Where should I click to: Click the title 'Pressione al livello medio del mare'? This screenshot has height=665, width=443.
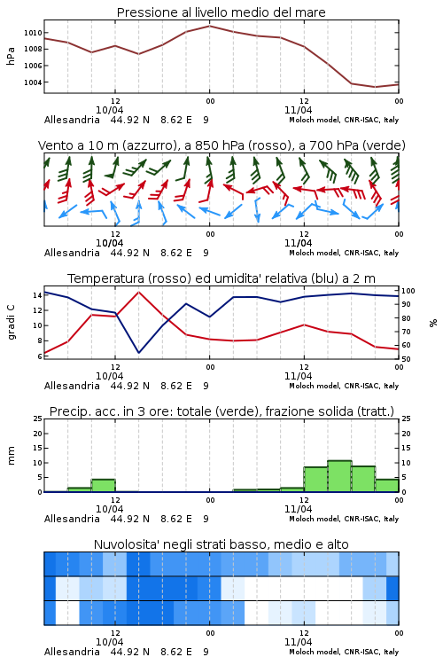[221, 12]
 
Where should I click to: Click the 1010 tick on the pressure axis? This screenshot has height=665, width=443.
[33, 33]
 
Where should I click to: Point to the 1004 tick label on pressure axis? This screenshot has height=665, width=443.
[33, 82]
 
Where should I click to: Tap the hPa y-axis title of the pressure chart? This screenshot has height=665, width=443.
[11, 56]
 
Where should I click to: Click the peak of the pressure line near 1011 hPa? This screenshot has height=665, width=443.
[209, 26]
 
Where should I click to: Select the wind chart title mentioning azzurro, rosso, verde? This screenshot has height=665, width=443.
[221, 145]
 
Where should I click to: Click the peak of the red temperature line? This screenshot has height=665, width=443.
[138, 292]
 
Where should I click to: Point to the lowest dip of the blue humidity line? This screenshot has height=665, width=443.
[138, 352]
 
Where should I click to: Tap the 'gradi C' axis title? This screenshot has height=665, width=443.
[12, 322]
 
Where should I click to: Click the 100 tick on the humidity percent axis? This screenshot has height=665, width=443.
[408, 291]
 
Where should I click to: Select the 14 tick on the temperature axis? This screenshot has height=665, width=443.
[37, 295]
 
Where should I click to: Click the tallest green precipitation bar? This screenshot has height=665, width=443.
[339, 476]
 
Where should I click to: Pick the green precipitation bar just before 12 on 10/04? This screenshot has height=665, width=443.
[103, 486]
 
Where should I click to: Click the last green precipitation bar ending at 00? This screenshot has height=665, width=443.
[387, 486]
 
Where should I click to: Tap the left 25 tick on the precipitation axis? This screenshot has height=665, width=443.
[37, 419]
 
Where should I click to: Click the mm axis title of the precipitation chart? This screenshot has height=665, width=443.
[12, 455]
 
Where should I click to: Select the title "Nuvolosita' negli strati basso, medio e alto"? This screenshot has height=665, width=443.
[221, 544]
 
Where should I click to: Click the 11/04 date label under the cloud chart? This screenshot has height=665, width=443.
[298, 642]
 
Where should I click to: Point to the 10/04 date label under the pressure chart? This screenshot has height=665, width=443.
[109, 110]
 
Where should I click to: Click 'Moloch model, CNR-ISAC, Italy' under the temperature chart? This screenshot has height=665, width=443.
[344, 386]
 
